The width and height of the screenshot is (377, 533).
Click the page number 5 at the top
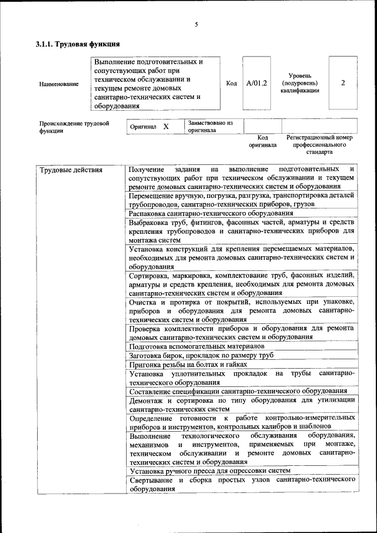196,24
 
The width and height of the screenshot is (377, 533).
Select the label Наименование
58,84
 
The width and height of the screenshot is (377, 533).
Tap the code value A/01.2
256,83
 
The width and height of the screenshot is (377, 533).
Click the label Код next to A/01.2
232,83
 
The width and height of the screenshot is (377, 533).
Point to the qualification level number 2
343,83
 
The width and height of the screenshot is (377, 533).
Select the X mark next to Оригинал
166,127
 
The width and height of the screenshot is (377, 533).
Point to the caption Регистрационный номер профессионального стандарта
319,144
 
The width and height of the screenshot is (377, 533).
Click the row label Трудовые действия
71,170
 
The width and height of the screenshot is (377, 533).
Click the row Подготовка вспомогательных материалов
192,347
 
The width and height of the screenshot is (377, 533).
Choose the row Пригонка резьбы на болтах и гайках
188,365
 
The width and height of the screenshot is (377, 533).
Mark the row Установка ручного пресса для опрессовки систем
210,471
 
